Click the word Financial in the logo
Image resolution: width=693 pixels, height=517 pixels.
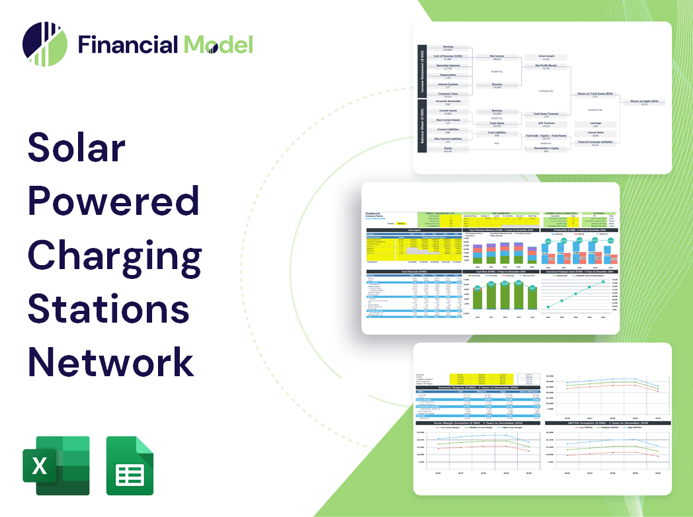coord(128,44)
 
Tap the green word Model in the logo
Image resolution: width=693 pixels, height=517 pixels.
coord(218,44)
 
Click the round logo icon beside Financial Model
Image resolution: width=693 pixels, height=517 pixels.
coord(45,44)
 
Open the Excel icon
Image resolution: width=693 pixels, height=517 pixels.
coord(56,465)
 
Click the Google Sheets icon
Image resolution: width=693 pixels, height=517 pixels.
coord(130,465)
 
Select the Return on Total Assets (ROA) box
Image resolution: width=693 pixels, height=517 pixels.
coord(594,95)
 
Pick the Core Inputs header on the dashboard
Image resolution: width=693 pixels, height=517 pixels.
coord(414,230)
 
